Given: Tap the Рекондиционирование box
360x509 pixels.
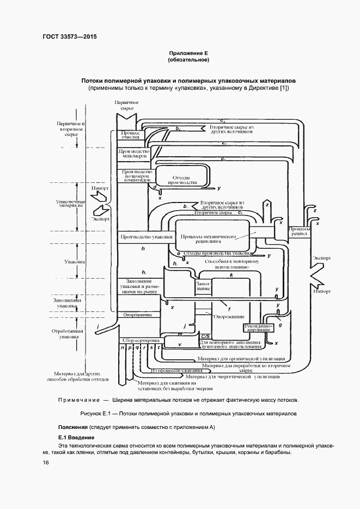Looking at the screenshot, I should [x=257, y=328].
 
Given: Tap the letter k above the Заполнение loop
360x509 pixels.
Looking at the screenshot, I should [x=231, y=276].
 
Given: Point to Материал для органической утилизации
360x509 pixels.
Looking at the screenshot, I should [x=234, y=359].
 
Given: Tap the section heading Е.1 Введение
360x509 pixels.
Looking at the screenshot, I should [x=77, y=438].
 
